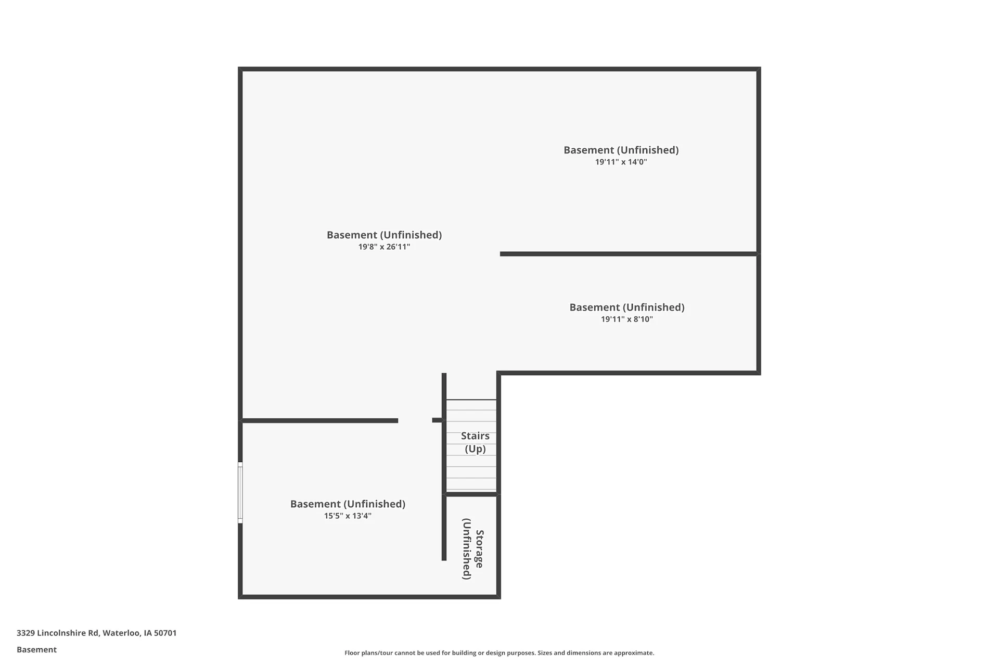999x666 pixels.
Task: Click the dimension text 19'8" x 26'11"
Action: (x=384, y=247)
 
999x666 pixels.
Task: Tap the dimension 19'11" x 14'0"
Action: (x=621, y=162)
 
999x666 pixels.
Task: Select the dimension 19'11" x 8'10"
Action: (x=627, y=319)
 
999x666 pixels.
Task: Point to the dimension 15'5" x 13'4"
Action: (x=348, y=516)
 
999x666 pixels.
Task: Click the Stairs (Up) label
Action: (x=475, y=442)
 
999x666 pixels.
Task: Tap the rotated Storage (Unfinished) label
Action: (x=473, y=549)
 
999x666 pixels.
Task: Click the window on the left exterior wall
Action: (x=240, y=492)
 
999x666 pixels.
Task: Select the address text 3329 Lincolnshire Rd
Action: (x=57, y=633)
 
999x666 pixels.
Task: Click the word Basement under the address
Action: (x=36, y=649)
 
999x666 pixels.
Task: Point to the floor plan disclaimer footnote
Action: (x=499, y=653)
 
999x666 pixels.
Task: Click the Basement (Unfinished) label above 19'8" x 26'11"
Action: (x=384, y=235)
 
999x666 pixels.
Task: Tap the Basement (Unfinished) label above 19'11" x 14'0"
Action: (x=621, y=150)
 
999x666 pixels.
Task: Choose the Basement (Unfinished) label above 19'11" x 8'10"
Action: (x=627, y=308)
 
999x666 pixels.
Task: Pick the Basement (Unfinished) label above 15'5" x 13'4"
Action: (x=348, y=504)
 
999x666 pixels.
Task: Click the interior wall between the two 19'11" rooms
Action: (x=629, y=254)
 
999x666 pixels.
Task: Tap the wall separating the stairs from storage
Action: (x=471, y=494)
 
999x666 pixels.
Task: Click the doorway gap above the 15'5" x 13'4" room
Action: (x=415, y=420)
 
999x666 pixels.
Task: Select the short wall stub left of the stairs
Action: (x=437, y=420)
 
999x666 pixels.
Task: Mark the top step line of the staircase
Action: (x=471, y=400)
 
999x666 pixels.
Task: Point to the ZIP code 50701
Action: (x=165, y=633)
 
